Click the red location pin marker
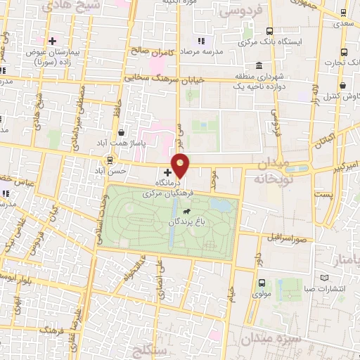pyautogui.click(x=181, y=165)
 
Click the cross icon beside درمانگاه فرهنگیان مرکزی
pyautogui.click(x=167, y=172)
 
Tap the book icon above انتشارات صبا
pyautogui.click(x=324, y=274)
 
